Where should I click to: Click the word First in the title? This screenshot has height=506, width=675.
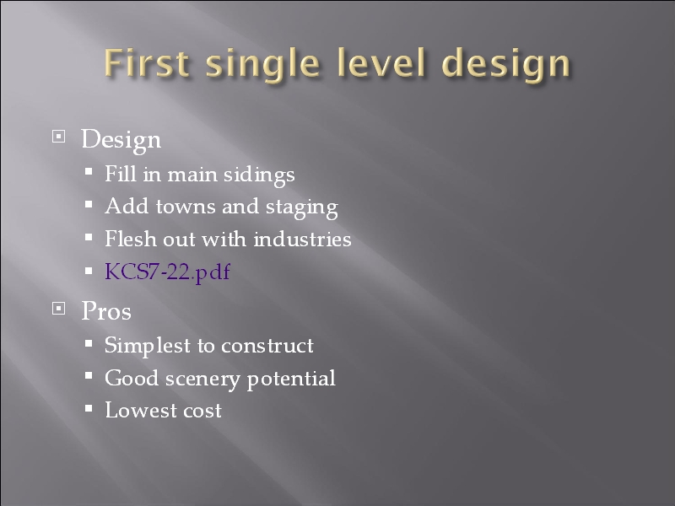coord(146,62)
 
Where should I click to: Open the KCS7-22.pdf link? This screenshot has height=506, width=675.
coord(167,272)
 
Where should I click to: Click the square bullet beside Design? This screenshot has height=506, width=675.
coord(58,137)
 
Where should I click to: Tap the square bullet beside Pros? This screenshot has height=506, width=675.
coord(58,308)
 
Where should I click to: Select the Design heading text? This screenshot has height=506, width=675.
coord(121,140)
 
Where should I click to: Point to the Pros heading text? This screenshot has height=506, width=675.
coord(106,310)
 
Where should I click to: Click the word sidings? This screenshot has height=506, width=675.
coord(259,175)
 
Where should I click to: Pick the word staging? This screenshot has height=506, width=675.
coord(302,207)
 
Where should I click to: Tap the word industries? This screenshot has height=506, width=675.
coord(302,239)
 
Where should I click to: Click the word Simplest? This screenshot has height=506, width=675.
coord(148,347)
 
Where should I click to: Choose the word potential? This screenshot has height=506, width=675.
coord(291,379)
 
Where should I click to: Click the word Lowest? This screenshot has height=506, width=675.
coord(141,410)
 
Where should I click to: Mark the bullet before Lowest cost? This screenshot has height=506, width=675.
coord(89,408)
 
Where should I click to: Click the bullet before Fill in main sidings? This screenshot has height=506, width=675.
coord(89,172)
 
